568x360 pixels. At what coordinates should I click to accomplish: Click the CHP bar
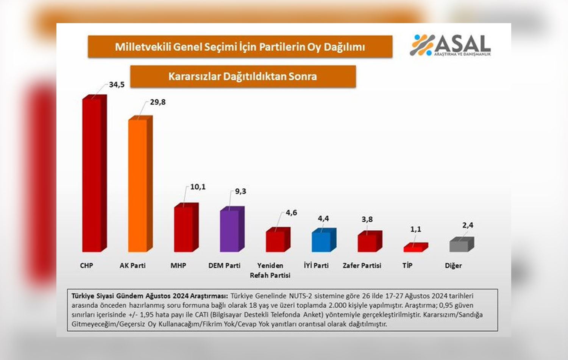[x=92, y=174]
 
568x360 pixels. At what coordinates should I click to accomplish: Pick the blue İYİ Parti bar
[x=321, y=241]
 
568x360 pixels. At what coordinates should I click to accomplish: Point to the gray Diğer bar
[x=459, y=246]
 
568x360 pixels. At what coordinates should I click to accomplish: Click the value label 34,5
[x=117, y=85]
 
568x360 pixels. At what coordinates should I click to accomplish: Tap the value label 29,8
[x=158, y=102]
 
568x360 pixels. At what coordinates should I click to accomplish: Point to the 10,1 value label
[x=198, y=187]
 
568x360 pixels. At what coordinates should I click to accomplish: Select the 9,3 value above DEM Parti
[x=240, y=191]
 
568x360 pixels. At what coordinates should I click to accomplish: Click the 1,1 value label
[x=416, y=229]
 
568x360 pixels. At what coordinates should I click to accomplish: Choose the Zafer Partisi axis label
[x=362, y=266]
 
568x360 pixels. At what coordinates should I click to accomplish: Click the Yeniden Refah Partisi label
[x=270, y=270]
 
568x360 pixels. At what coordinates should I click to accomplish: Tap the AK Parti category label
[x=133, y=266]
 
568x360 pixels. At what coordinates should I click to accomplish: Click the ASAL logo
[x=450, y=45]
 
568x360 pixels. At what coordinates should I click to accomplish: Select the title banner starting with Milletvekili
[x=240, y=47]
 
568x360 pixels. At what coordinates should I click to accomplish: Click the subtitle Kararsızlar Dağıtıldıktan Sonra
[x=243, y=77]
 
